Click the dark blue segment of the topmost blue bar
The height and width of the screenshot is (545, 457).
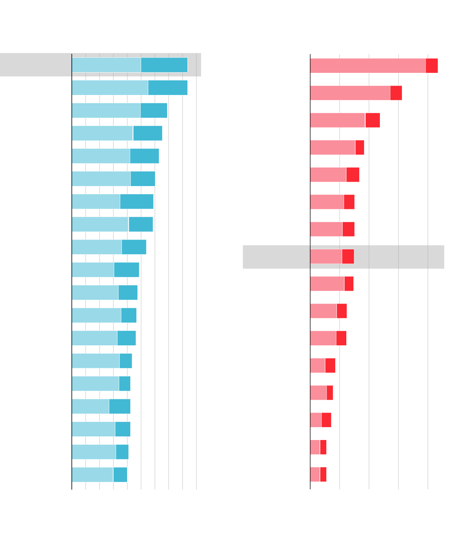(164, 65)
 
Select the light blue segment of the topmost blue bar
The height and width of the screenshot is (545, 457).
(106, 65)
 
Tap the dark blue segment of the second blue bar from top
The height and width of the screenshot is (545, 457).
(168, 88)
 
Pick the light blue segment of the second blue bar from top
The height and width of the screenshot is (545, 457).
(110, 88)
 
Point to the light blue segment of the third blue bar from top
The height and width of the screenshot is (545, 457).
(106, 110)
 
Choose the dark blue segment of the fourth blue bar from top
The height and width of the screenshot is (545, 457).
(147, 133)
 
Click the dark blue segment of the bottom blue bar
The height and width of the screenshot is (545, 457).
(120, 475)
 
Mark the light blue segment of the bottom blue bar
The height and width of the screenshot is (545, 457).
(92, 475)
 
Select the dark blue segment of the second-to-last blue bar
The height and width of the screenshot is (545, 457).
(122, 452)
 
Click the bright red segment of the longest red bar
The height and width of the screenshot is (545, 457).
(432, 66)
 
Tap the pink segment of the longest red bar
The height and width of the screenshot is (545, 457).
(368, 66)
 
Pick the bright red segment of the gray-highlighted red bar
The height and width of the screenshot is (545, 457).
(348, 256)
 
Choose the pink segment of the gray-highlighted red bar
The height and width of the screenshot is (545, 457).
(326, 256)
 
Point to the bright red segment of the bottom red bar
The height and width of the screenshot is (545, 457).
(323, 474)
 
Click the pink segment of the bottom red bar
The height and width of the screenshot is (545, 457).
(315, 474)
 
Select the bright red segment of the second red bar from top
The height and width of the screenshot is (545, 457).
(396, 93)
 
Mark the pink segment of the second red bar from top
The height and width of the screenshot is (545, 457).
(350, 93)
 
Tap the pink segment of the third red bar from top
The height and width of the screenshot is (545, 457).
(337, 120)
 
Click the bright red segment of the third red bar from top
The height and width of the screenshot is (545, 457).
(372, 120)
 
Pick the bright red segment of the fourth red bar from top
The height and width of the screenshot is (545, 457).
(360, 147)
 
